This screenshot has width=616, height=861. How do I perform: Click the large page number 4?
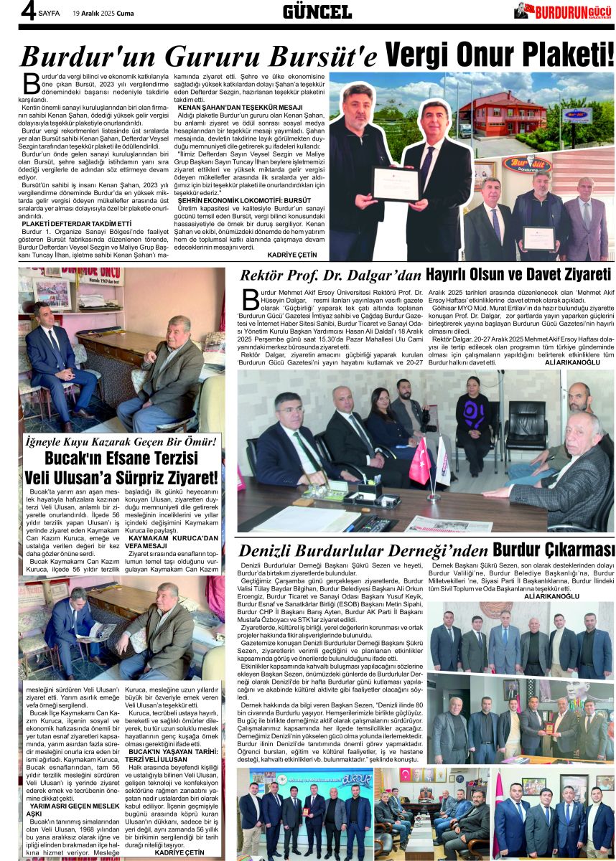coord(29,11)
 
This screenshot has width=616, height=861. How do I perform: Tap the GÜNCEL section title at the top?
coord(317,11)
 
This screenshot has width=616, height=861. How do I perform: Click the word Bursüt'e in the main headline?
coord(319,56)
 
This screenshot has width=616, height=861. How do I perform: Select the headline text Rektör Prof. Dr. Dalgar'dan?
coord(330,274)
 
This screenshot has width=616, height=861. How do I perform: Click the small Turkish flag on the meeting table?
coord(419,460)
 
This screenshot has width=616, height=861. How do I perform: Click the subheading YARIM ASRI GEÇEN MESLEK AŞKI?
coord(65,809)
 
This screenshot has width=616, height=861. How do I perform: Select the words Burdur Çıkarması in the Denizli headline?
coord(554,550)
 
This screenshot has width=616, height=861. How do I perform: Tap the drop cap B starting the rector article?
coord(249,300)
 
